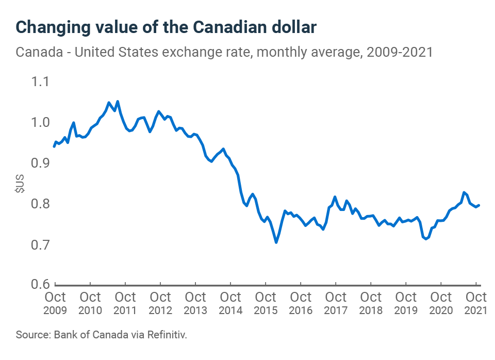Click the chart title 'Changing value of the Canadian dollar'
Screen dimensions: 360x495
click(166, 27)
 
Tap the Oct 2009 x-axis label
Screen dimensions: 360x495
click(55, 303)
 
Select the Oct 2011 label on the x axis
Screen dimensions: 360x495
click(125, 303)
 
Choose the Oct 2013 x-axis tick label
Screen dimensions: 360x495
click(195, 303)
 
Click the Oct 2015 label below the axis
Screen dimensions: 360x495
click(266, 303)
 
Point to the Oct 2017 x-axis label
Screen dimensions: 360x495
click(336, 303)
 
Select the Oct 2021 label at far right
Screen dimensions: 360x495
click(476, 303)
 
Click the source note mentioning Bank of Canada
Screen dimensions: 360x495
click(102, 335)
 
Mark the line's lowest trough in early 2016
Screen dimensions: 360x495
click(276, 242)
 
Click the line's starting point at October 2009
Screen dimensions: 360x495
click(54, 146)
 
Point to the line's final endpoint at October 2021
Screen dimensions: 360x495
click(480, 205)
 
